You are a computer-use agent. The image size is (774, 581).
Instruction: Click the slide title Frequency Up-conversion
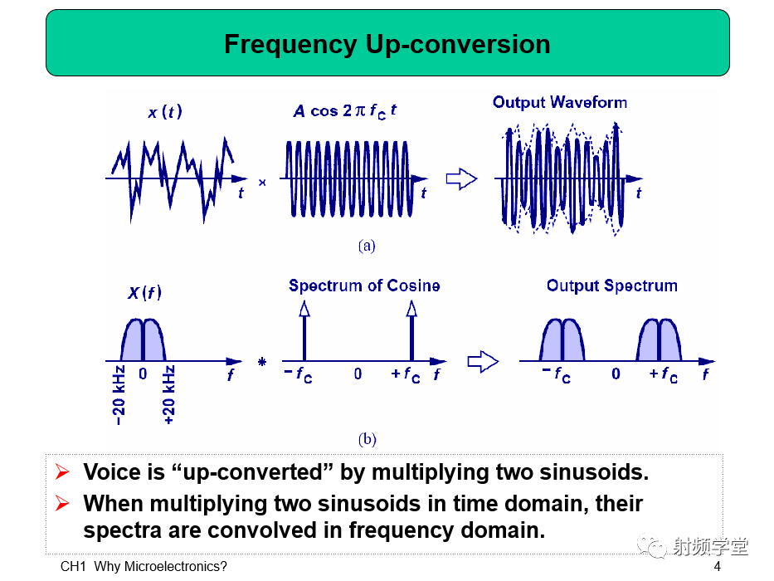coord(387,44)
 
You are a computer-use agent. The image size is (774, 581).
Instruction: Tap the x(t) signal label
coord(165,112)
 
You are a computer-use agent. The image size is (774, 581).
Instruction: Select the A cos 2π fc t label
coord(344,112)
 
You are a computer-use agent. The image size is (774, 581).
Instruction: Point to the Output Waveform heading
coord(560,102)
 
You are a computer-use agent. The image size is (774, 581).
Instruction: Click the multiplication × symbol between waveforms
coord(262,183)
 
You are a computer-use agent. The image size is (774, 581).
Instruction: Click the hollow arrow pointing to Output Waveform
coord(461,178)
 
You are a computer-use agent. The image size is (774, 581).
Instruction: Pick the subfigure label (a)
coord(367,246)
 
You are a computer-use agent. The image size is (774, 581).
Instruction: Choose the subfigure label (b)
coord(368,439)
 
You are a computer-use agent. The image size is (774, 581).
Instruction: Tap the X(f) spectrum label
coord(144,293)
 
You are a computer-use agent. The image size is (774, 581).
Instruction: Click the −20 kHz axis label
coord(119,395)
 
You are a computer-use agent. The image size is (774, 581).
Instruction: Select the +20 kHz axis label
coord(168,395)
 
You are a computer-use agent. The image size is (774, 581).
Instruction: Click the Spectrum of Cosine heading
coord(364,286)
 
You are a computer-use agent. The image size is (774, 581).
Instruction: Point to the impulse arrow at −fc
coord(304,331)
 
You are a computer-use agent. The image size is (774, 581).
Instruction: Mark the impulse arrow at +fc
coord(411,331)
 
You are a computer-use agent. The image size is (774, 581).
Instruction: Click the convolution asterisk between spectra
coord(262,362)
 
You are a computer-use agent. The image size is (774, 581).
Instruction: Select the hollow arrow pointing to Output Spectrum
coord(483,362)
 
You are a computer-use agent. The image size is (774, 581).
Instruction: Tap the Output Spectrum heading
coord(612,286)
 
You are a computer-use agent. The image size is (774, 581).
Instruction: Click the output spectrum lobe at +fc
coord(659,340)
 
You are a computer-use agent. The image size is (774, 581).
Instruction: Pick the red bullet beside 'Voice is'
coord(62,471)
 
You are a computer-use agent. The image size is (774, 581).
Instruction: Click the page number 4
coord(718,566)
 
